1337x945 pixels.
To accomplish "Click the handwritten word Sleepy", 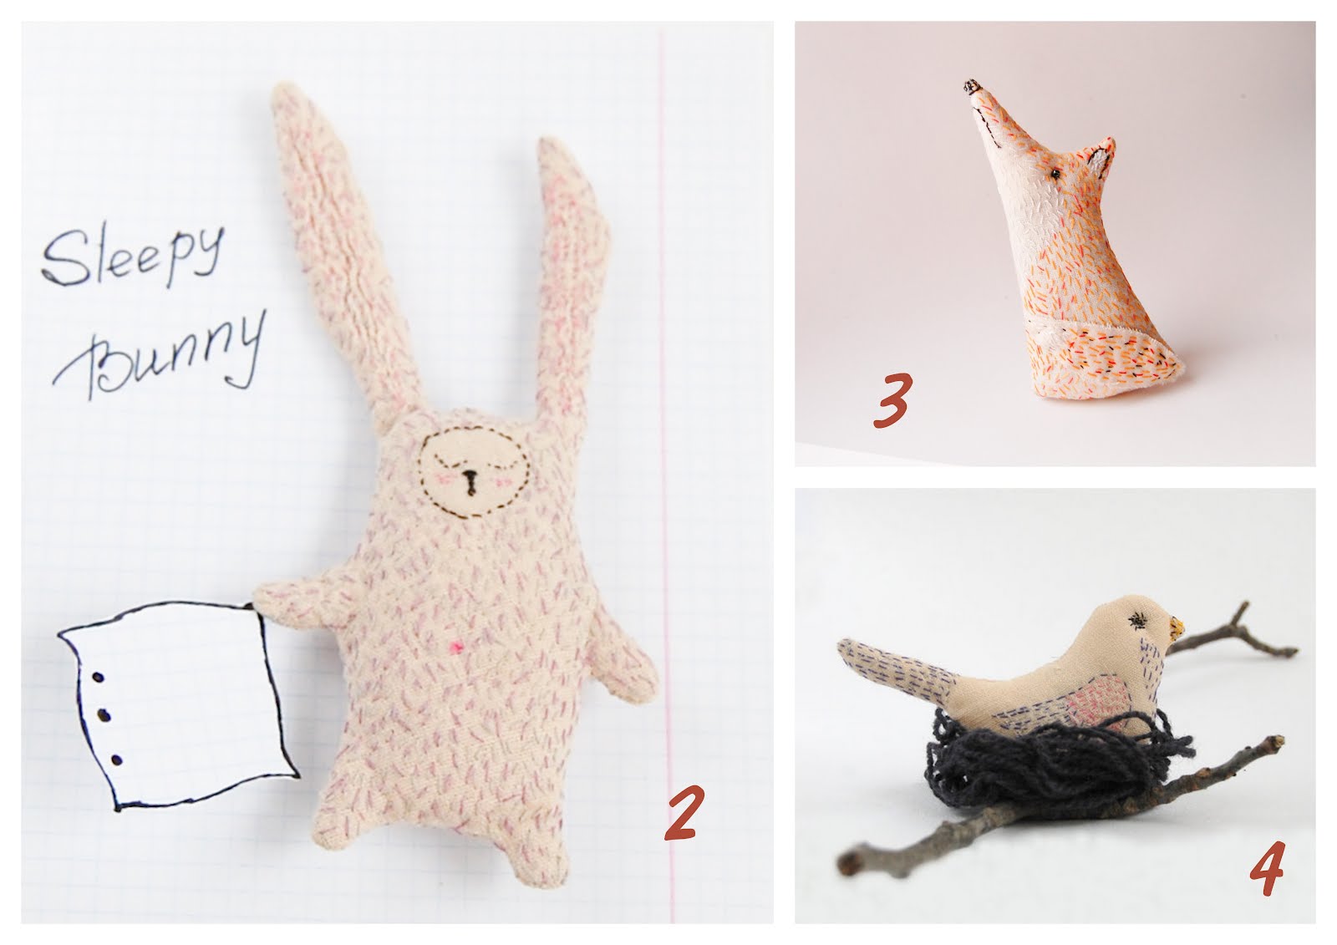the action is click(x=133, y=255).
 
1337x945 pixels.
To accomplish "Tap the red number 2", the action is click(x=682, y=812).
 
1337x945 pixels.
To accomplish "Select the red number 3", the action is click(x=892, y=400).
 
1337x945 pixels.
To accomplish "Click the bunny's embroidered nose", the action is click(x=471, y=482).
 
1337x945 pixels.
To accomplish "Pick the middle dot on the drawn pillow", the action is click(x=104, y=714).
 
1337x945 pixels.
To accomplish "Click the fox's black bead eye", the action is click(x=1055, y=174).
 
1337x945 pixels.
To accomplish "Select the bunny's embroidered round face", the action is click(x=474, y=474).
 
